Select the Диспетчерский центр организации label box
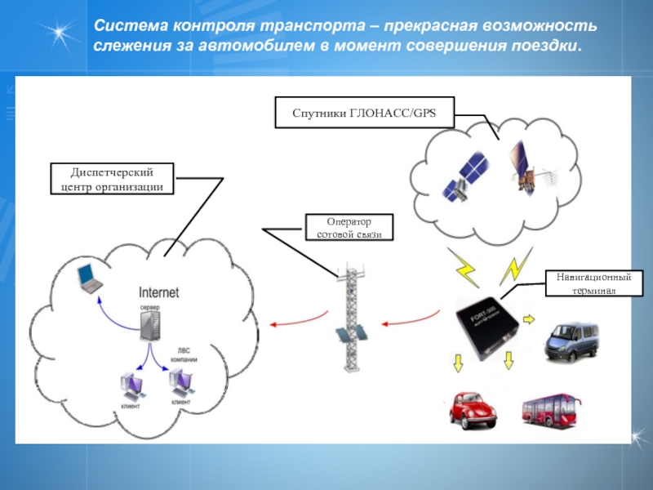[x=112, y=179]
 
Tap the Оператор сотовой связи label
[x=349, y=228]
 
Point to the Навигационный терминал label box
[x=594, y=283]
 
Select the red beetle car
[x=474, y=409]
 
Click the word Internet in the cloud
[x=159, y=292]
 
